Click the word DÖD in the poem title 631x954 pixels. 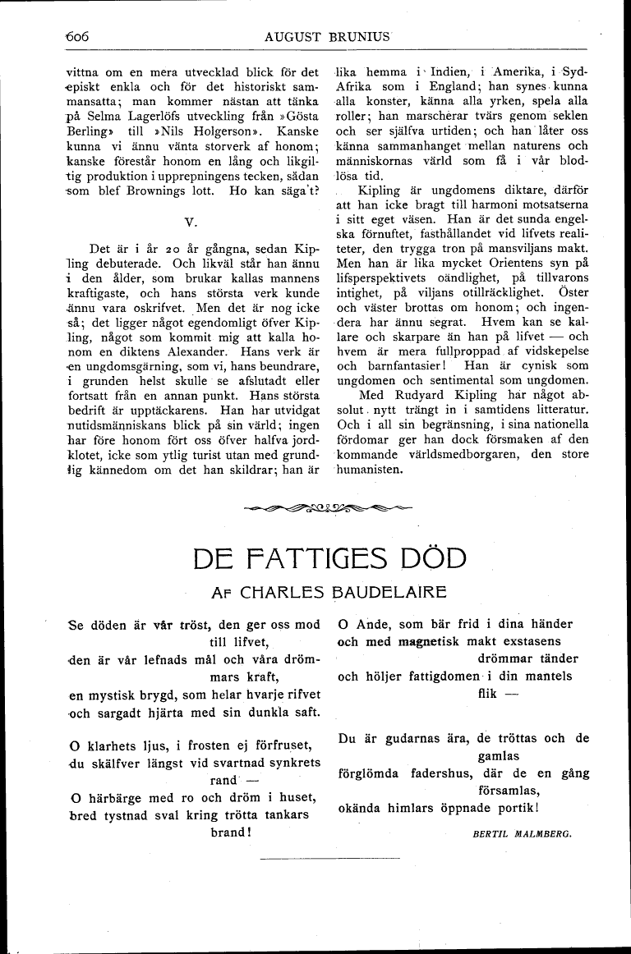[x=434, y=558]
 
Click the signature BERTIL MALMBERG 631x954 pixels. [x=522, y=832]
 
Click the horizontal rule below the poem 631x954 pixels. [x=328, y=859]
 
